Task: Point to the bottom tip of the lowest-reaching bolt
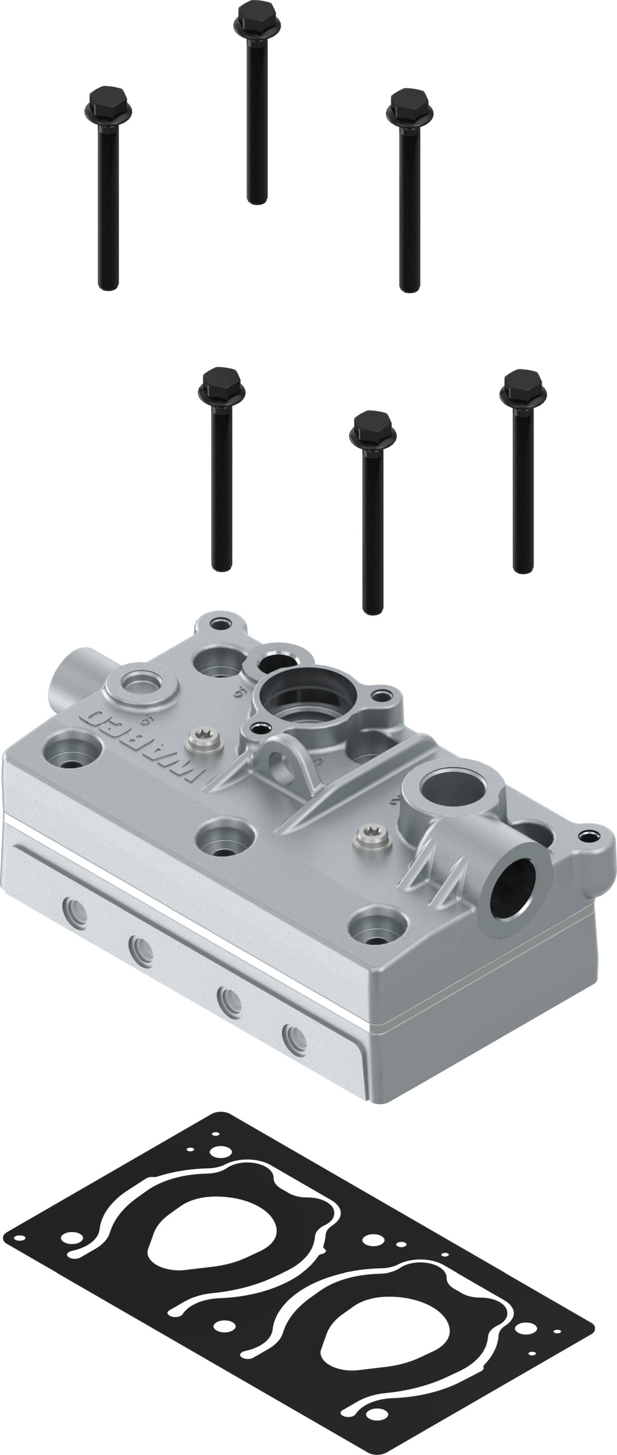pos(372,610)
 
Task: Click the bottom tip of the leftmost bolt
pos(109,285)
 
